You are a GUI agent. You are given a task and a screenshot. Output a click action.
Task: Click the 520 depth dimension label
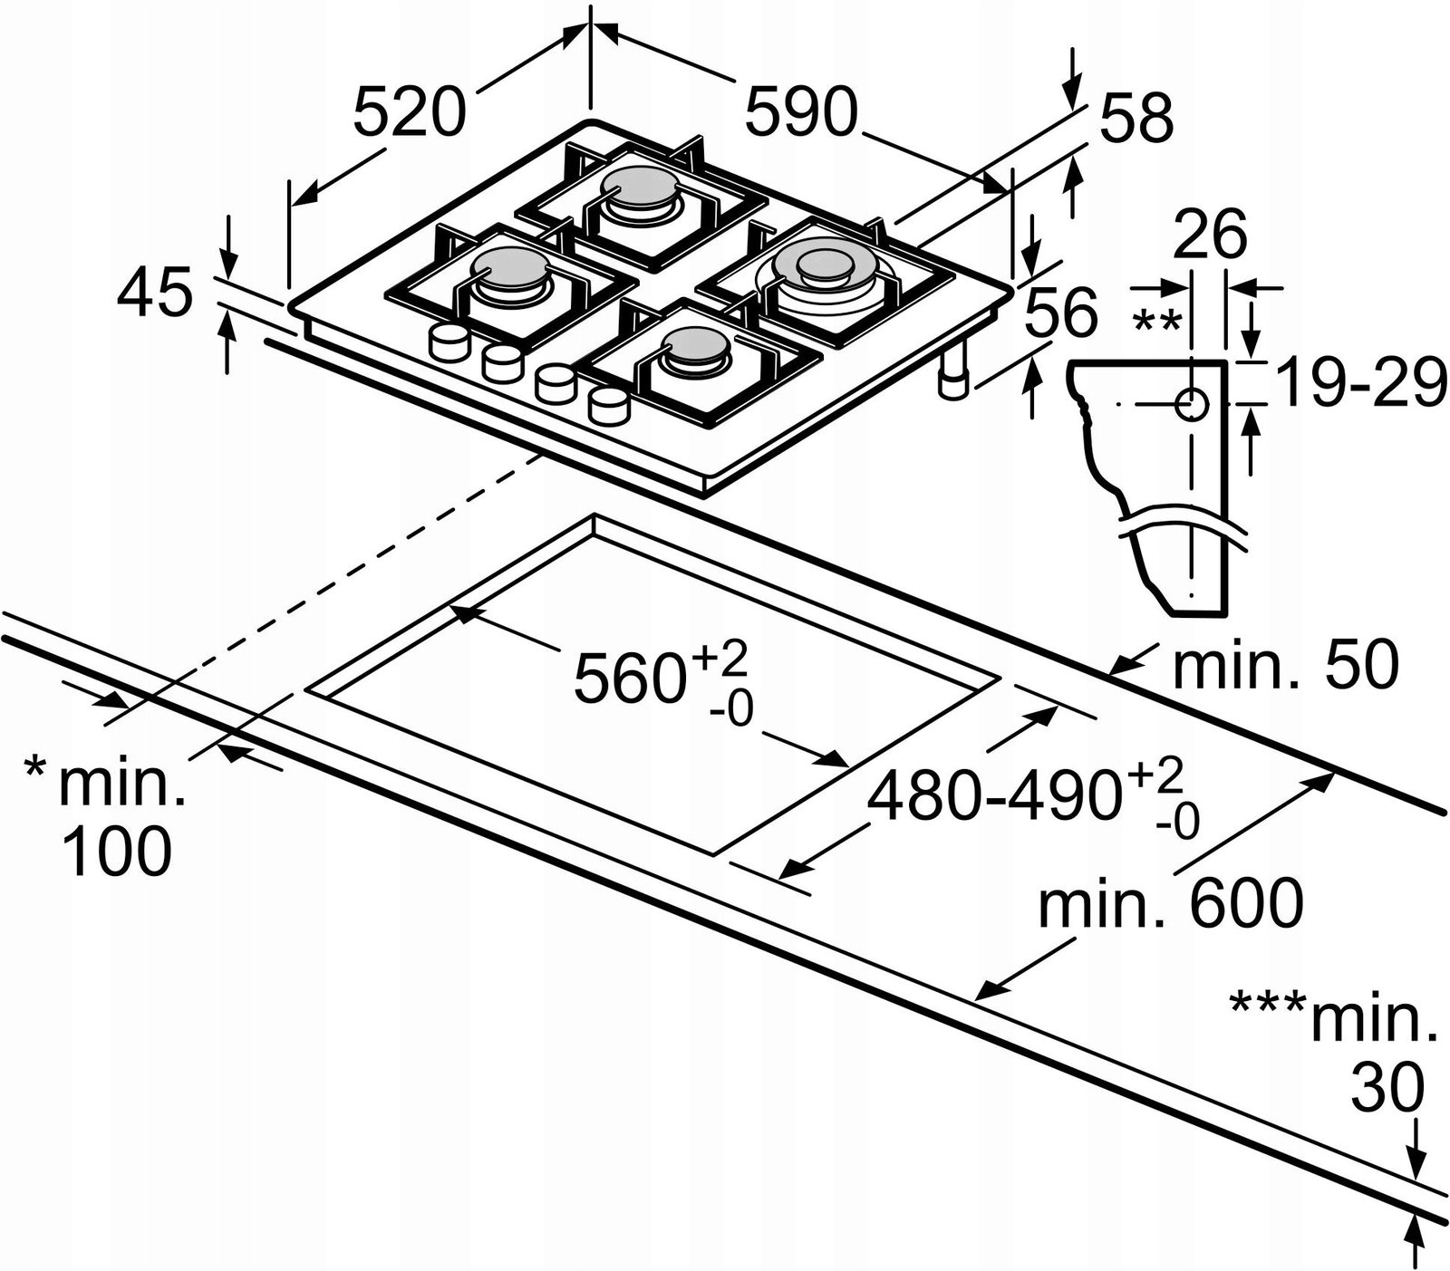409,112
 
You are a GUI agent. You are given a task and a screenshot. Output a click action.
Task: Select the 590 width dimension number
800,112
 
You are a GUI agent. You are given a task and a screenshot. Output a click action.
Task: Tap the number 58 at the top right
1137,118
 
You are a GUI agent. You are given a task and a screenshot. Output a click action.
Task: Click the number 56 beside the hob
1061,313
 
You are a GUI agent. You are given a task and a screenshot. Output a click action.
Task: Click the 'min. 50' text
1285,666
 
